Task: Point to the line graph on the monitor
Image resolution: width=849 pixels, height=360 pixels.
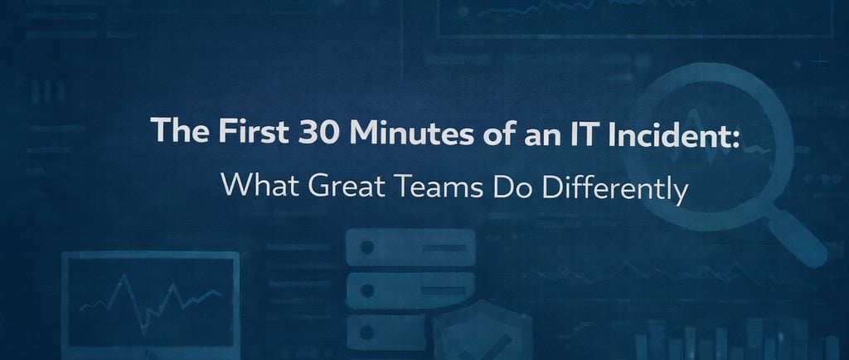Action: [149, 298]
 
